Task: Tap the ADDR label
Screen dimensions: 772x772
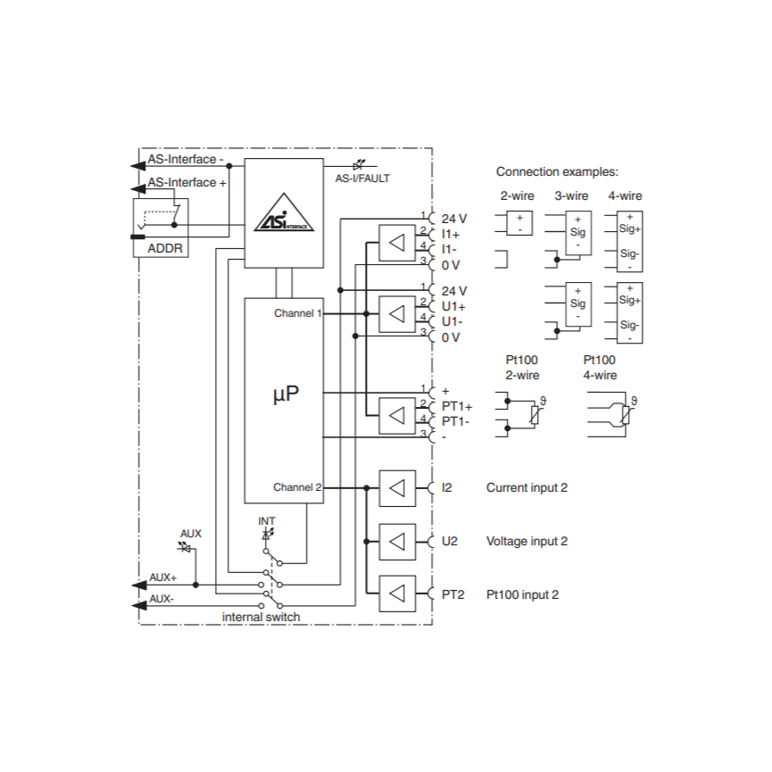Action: [x=164, y=249]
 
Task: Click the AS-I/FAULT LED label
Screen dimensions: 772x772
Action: [x=361, y=178]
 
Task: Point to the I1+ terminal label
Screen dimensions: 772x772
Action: [x=451, y=234]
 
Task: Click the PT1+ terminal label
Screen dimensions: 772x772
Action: [x=457, y=406]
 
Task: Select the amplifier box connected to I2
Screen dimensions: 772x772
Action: [x=397, y=487]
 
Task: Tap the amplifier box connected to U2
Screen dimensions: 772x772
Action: [x=397, y=541]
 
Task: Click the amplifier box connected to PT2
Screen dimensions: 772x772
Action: [x=397, y=594]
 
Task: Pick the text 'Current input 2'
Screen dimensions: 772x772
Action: [x=527, y=487]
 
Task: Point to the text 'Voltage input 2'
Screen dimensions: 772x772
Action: [x=527, y=541]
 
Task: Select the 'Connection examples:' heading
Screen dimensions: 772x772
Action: [x=557, y=171]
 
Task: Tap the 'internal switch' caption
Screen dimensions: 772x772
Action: [x=261, y=617]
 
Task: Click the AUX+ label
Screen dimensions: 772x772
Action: [x=163, y=577]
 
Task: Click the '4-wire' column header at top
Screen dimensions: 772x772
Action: [x=625, y=195]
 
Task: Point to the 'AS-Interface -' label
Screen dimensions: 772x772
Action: [x=186, y=159]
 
